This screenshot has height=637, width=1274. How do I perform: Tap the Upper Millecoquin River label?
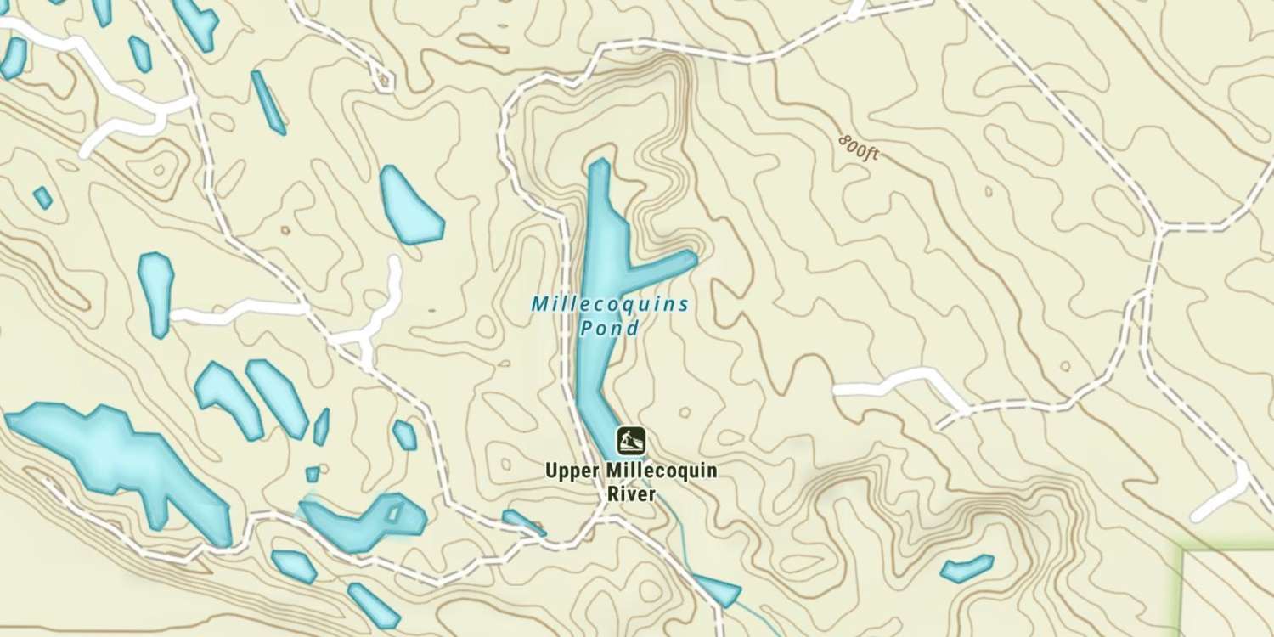631,481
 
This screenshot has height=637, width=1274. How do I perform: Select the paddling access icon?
631,441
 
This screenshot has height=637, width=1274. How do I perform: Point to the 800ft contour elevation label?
857,149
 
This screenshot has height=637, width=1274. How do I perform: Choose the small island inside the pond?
393,513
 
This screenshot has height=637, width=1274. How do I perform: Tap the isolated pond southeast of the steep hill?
967,567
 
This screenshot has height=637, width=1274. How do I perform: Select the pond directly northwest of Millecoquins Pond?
410,205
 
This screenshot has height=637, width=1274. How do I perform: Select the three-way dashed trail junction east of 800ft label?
1159,228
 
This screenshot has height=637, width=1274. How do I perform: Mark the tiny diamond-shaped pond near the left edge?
42,198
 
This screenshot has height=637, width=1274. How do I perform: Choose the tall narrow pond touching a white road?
155,291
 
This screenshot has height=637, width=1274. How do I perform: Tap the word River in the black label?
631,493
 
